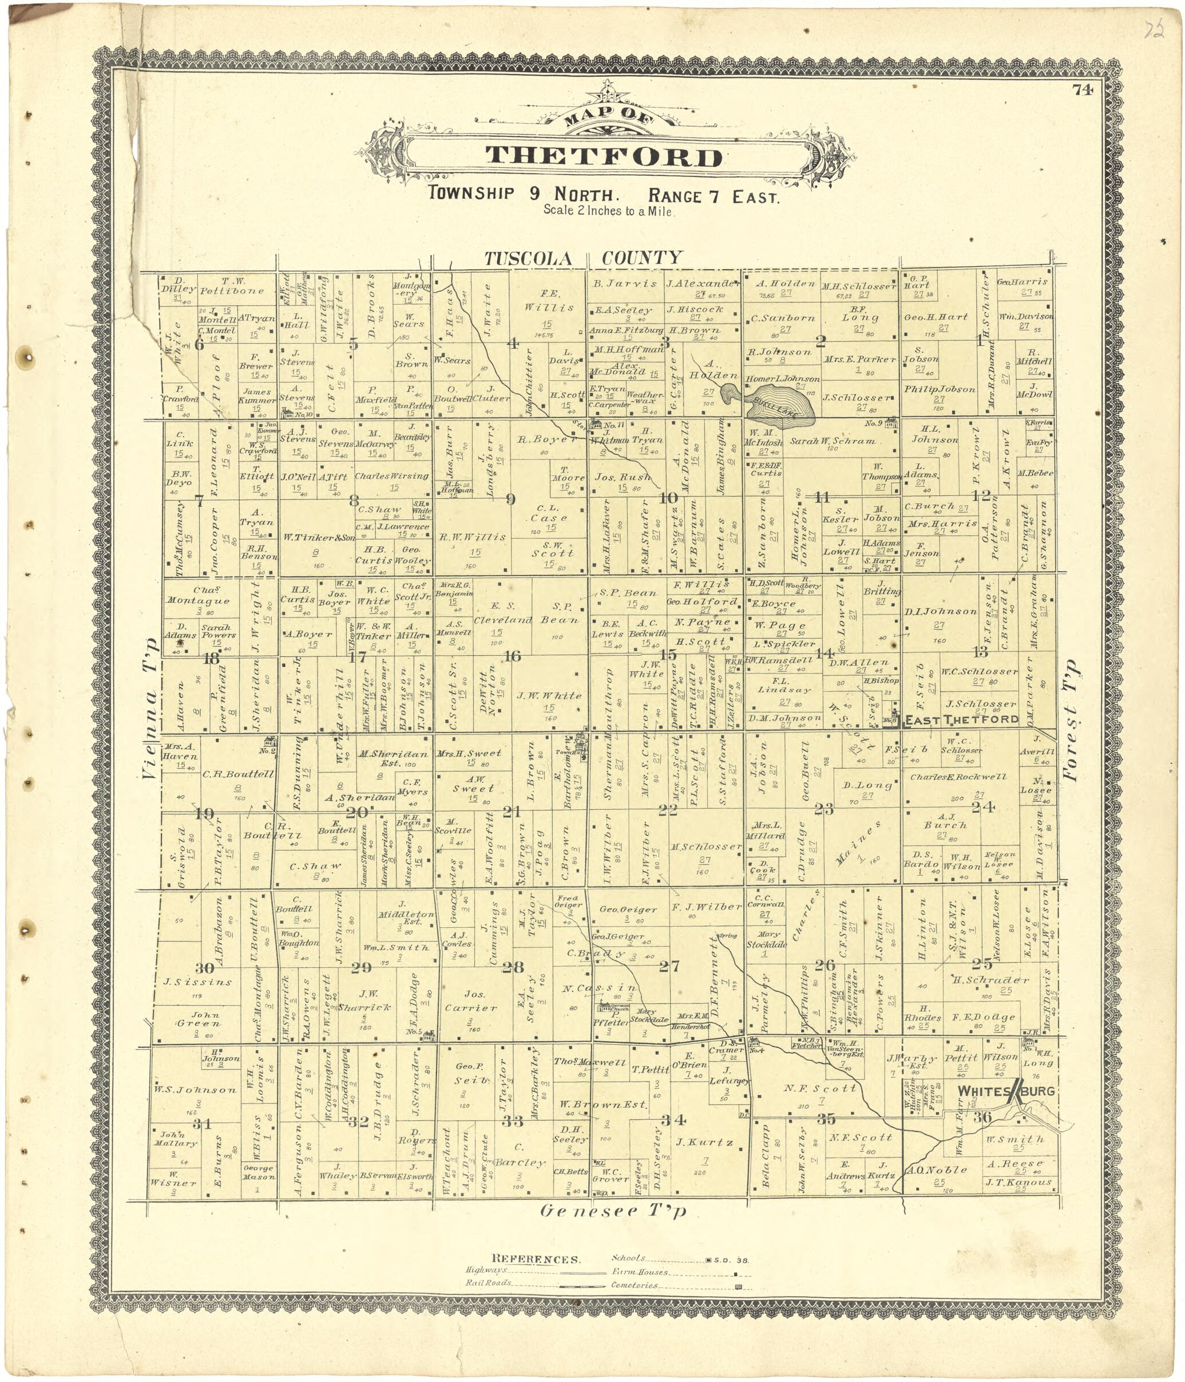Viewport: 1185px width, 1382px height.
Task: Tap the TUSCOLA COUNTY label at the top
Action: (x=583, y=258)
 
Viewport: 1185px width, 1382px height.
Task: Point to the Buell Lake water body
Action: (x=773, y=404)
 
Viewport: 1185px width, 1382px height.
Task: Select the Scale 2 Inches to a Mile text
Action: (x=608, y=211)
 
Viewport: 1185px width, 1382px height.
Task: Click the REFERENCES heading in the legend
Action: (x=536, y=1260)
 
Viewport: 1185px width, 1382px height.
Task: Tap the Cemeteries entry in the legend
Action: (x=635, y=1285)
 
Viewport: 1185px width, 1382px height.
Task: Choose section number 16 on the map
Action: (x=512, y=656)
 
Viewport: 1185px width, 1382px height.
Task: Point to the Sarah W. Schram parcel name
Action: (x=833, y=441)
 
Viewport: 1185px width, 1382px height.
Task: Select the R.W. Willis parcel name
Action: (x=473, y=537)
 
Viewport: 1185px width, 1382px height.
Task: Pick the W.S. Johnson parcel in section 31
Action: (x=195, y=1090)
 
